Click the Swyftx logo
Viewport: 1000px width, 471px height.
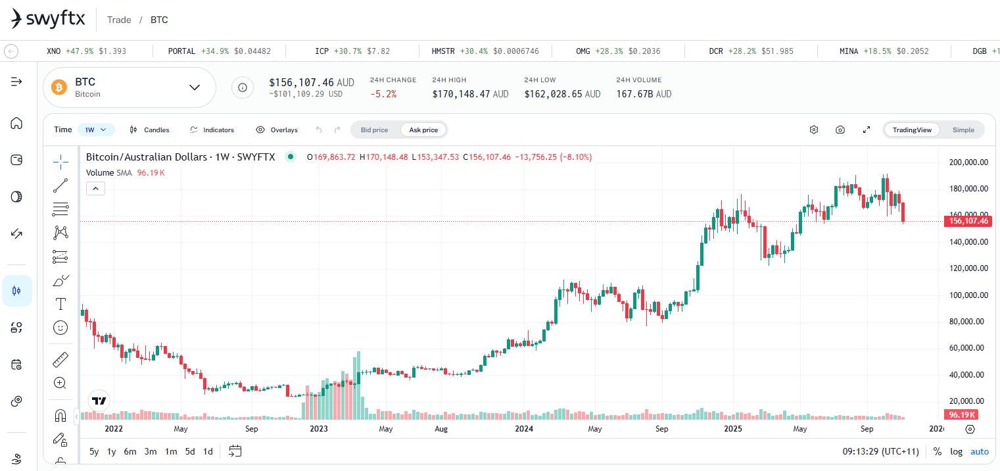click(x=48, y=19)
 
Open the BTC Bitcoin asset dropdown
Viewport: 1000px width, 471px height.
click(x=195, y=87)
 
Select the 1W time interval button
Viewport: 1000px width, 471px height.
click(x=96, y=130)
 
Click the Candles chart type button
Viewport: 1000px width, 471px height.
click(x=150, y=130)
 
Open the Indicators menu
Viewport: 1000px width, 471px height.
click(x=212, y=130)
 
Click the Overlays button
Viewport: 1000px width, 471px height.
click(x=277, y=130)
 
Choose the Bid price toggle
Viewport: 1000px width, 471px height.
click(x=374, y=130)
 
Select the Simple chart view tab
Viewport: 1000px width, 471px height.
click(x=963, y=130)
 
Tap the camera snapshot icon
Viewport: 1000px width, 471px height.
click(x=840, y=130)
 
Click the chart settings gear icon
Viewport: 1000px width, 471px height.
click(x=813, y=130)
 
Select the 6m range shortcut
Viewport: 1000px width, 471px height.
click(x=130, y=451)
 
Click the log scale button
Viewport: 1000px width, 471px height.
click(x=956, y=451)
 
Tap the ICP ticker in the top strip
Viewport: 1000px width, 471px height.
click(x=321, y=51)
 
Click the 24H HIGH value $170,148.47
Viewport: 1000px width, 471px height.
click(x=470, y=94)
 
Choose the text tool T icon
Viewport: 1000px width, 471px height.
click(x=60, y=304)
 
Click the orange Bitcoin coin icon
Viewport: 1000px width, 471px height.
click(x=60, y=87)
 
